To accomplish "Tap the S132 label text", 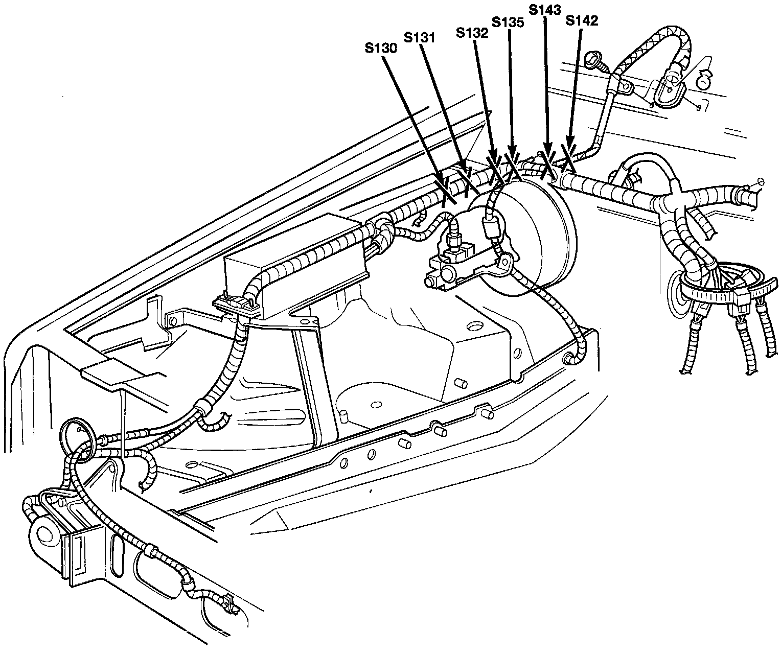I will (472, 33).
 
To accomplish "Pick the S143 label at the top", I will (545, 10).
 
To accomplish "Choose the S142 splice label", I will (582, 21).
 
